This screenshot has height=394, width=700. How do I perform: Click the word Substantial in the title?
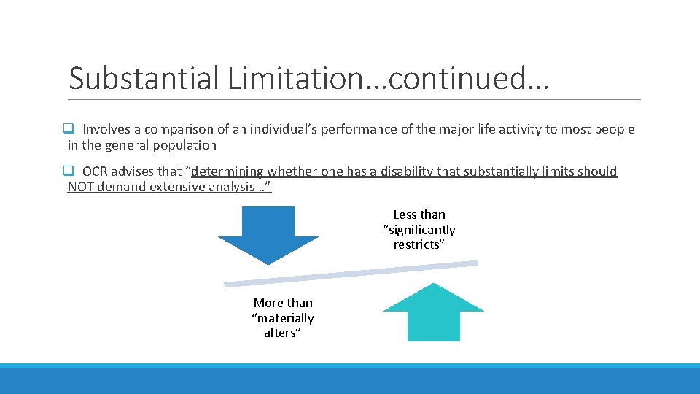tap(143, 78)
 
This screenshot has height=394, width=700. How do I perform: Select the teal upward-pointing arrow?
tap(433, 312)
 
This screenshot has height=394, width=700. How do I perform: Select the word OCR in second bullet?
tap(95, 171)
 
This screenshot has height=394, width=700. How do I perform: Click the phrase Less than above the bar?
tap(419, 215)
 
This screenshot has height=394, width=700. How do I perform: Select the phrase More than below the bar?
tap(283, 303)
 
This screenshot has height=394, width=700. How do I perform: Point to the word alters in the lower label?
tap(281, 333)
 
